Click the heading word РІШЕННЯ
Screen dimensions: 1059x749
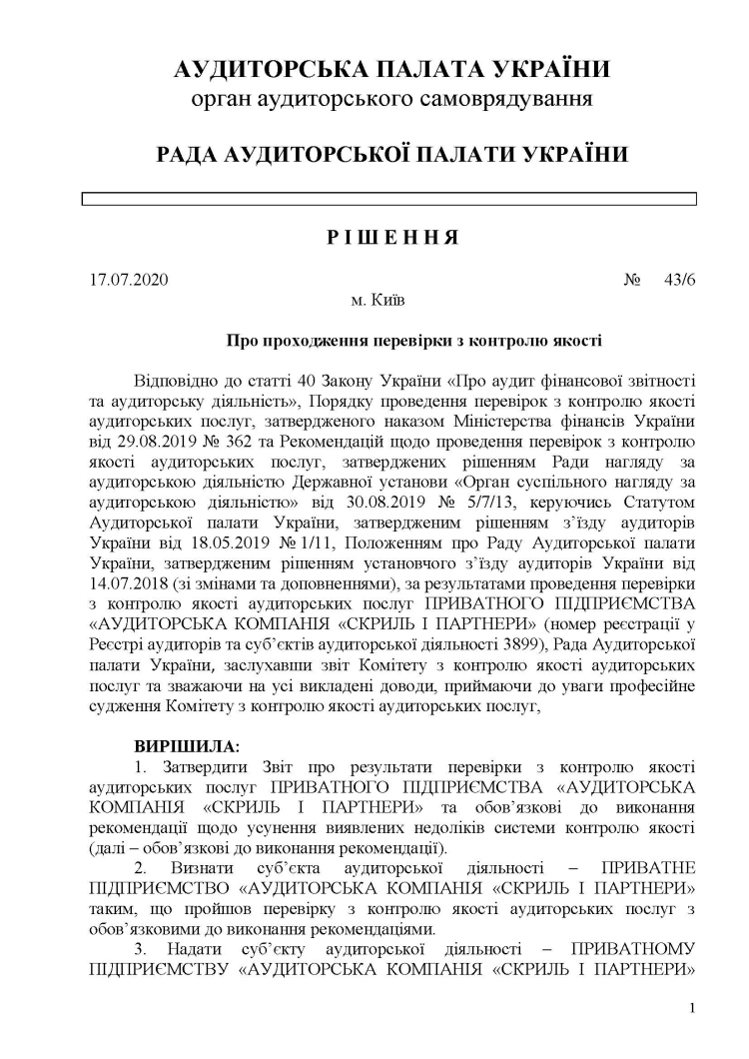(x=392, y=238)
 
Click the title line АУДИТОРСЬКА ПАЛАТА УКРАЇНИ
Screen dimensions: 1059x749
(x=391, y=70)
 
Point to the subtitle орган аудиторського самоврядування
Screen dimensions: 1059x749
(x=391, y=99)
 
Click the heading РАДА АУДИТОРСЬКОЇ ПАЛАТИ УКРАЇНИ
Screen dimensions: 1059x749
(x=391, y=155)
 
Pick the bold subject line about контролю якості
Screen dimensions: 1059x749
(x=413, y=340)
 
